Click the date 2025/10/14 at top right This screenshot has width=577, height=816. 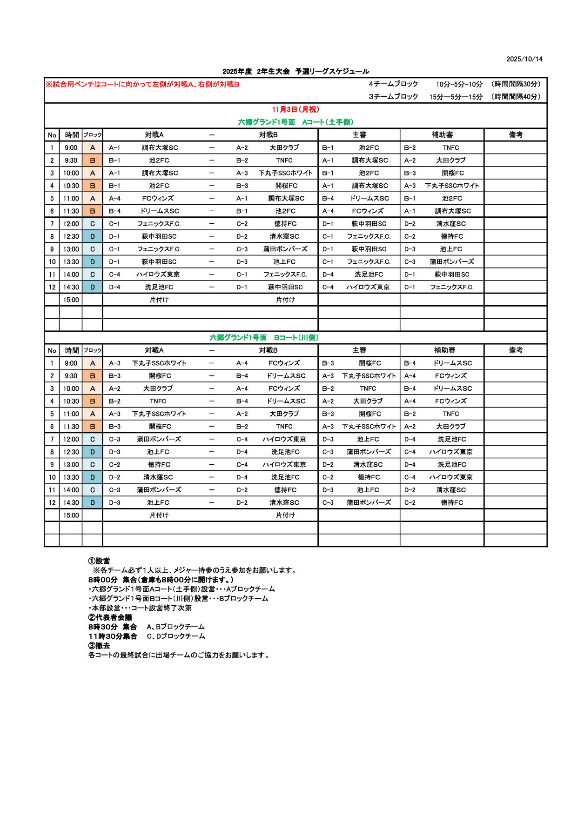point(524,59)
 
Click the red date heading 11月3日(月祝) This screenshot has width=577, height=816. point(295,109)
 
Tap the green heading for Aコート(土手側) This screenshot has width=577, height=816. point(295,122)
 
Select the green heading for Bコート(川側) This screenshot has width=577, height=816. point(264,337)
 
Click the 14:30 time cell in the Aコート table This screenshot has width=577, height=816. point(71,287)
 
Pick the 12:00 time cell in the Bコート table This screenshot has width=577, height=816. point(71,439)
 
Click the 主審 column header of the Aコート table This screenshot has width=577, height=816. point(359,135)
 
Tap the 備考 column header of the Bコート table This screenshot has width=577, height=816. point(516,350)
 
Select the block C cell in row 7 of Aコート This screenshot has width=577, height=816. point(93,224)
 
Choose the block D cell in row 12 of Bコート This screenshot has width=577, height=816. point(93,502)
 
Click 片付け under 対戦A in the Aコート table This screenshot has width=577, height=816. point(159,300)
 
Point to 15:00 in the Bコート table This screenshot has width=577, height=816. point(71,515)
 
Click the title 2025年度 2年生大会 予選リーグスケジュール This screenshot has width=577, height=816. point(295,71)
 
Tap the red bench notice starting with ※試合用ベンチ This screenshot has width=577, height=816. point(142,84)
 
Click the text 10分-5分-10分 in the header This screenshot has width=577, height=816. point(459,84)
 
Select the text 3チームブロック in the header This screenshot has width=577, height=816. point(393,97)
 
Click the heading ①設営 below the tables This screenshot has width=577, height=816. point(99,561)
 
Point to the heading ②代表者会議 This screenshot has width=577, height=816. point(110,617)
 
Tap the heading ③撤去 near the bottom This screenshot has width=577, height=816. point(99,646)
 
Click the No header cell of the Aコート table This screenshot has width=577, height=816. point(52,135)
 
